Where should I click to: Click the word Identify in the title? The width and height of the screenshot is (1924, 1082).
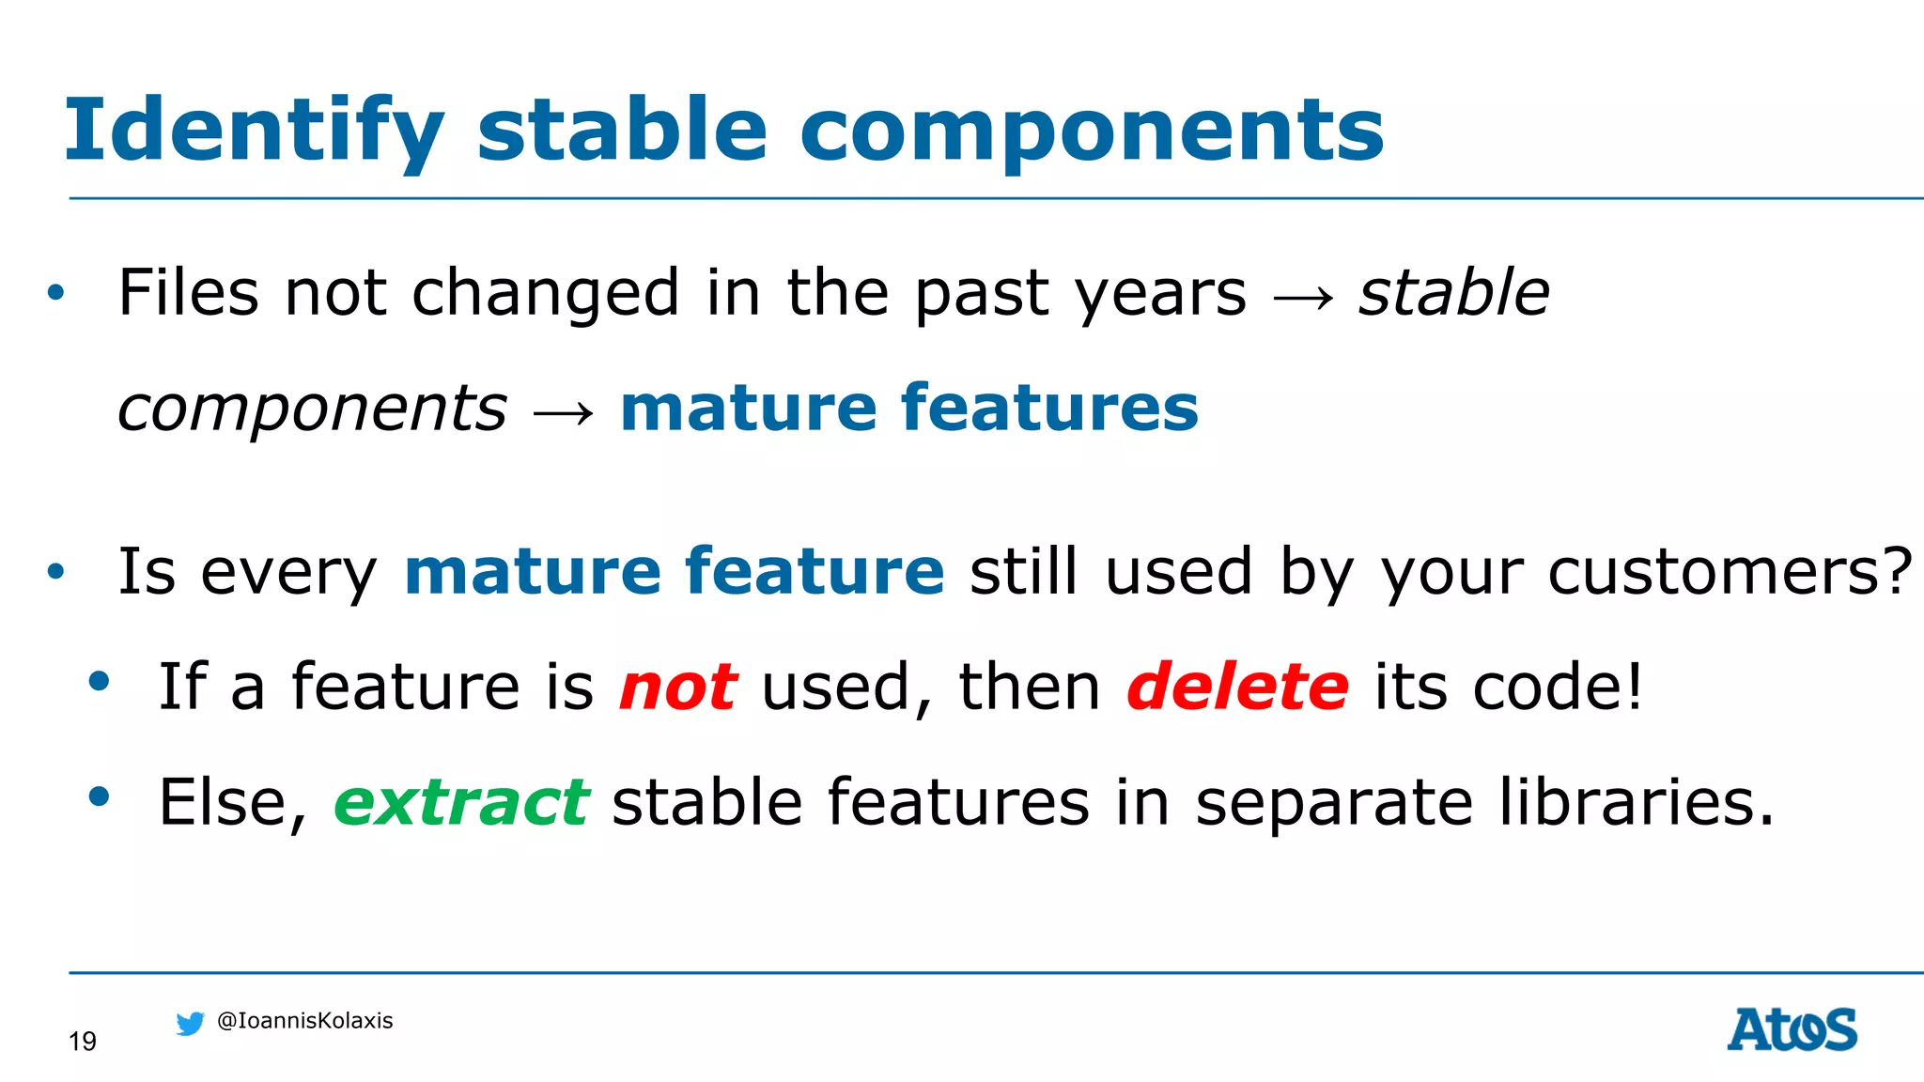[x=254, y=131]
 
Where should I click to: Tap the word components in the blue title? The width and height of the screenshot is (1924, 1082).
[x=1092, y=131]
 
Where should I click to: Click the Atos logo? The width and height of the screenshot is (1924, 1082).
[x=1792, y=1029]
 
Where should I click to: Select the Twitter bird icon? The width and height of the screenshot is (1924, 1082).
[x=190, y=1023]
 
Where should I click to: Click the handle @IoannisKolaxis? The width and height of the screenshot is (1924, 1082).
[x=304, y=1021]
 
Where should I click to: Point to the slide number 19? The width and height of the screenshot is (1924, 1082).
[x=83, y=1042]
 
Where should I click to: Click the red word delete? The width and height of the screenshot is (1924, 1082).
[x=1237, y=687]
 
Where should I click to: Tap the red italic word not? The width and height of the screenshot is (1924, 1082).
[x=677, y=687]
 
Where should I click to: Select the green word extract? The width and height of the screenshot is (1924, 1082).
[x=461, y=802]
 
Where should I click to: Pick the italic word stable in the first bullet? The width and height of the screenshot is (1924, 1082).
[x=1453, y=292]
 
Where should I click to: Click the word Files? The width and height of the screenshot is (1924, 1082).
[x=188, y=292]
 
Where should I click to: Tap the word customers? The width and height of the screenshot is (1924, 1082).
[x=1730, y=571]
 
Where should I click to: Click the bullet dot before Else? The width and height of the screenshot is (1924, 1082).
[x=99, y=796]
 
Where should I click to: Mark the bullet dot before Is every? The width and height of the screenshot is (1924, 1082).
[x=56, y=571]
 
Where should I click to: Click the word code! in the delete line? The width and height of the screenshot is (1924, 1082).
[x=1557, y=687]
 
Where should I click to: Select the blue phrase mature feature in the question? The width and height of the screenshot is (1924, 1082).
[x=674, y=571]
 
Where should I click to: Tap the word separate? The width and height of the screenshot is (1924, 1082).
[x=1333, y=804]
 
